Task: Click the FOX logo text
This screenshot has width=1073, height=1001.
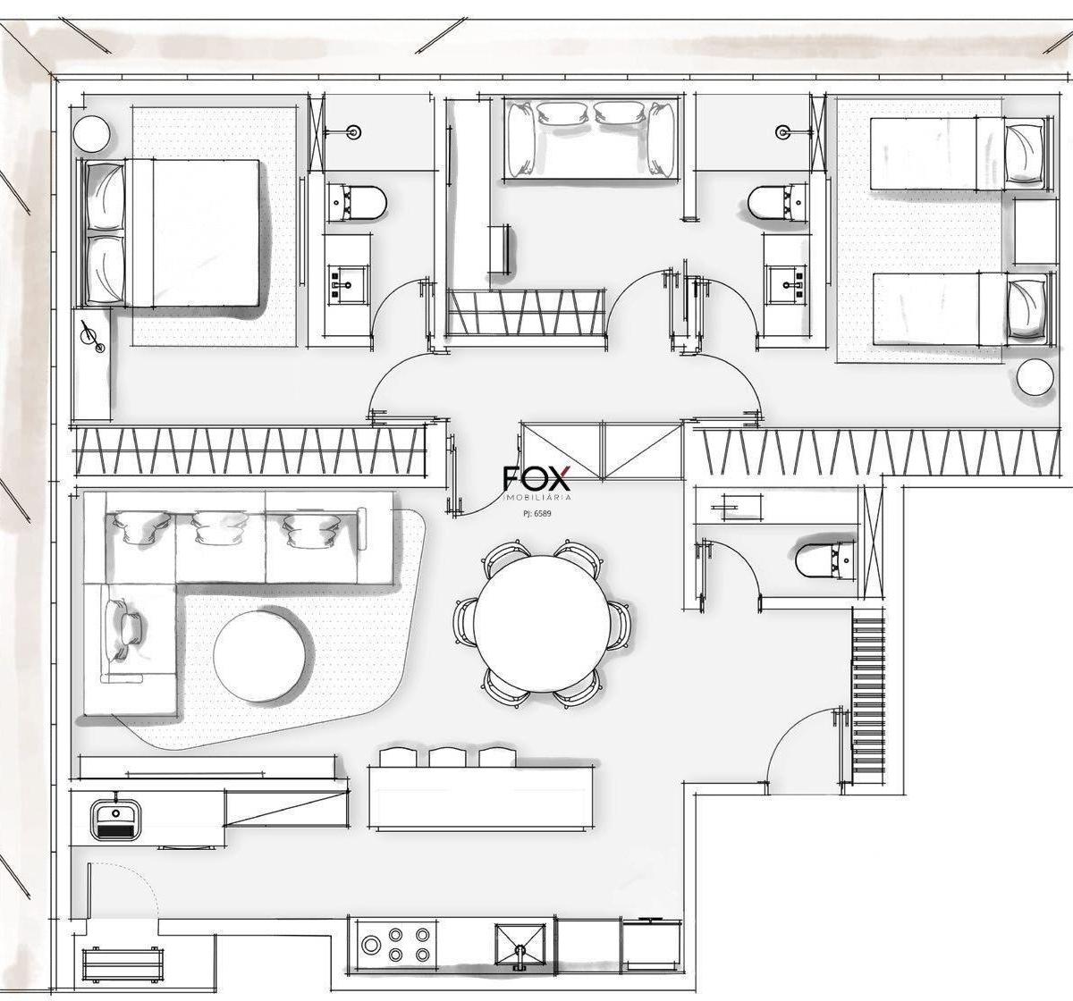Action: [x=536, y=478]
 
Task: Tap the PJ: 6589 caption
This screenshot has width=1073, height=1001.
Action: [x=535, y=514]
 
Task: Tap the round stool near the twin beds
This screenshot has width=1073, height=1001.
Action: [x=1035, y=377]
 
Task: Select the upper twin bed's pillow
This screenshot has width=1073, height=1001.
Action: [x=1023, y=154]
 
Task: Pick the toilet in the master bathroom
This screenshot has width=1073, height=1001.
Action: [x=357, y=204]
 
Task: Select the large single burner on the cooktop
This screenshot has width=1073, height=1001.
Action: [x=371, y=567]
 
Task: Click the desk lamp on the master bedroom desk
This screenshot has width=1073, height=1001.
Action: [x=92, y=337]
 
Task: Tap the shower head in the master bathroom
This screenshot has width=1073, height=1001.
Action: [x=354, y=131]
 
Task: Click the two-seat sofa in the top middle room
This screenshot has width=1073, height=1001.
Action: [x=590, y=139]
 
